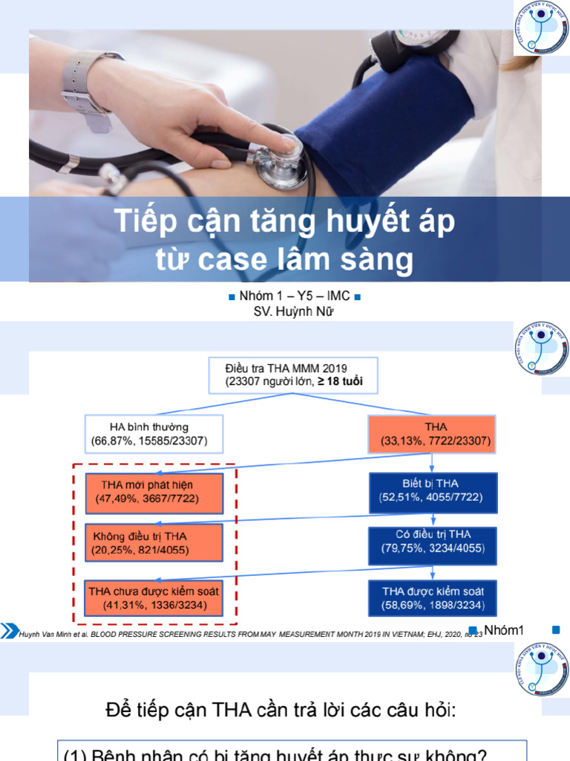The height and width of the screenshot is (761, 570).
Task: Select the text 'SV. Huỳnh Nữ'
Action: pyautogui.click(x=294, y=311)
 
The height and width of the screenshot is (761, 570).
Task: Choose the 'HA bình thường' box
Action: pyautogui.click(x=154, y=435)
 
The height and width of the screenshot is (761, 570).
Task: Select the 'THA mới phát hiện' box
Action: pyautogui.click(x=154, y=490)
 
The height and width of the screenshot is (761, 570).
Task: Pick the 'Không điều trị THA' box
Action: pyautogui.click(x=154, y=543)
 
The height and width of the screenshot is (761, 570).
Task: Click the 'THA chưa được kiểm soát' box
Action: pyautogui.click(x=154, y=598)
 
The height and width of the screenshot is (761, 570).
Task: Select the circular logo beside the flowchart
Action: pyautogui.click(x=540, y=349)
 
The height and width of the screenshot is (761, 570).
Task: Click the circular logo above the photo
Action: pyautogui.click(x=540, y=27)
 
